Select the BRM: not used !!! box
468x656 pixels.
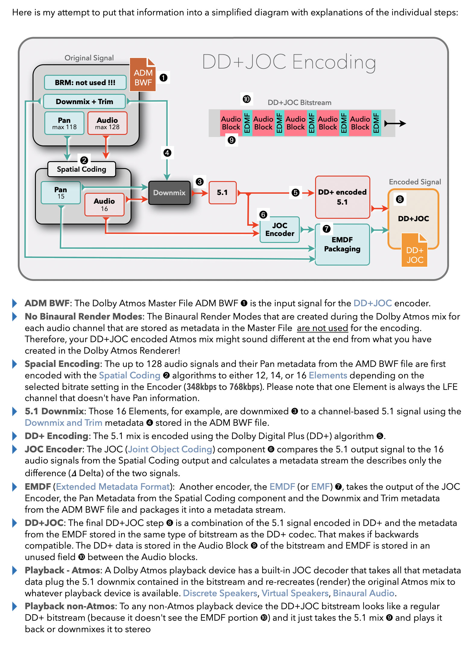point(85,82)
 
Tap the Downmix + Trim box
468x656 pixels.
point(84,101)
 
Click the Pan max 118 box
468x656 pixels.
point(64,123)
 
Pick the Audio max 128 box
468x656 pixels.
point(107,123)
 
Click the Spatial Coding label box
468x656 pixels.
point(81,169)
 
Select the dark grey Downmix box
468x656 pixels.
point(169,193)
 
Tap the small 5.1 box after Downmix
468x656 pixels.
point(223,193)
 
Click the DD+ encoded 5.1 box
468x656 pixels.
point(342,197)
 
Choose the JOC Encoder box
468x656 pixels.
point(280,230)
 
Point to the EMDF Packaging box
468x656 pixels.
point(342,244)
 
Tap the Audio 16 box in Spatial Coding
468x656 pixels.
point(104,205)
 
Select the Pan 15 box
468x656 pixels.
point(61,193)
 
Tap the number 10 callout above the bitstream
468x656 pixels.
point(247,99)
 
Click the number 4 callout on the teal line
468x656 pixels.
point(167,153)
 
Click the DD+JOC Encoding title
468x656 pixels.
point(289,62)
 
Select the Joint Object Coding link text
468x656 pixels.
point(170,449)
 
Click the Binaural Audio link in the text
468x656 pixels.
point(363,593)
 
